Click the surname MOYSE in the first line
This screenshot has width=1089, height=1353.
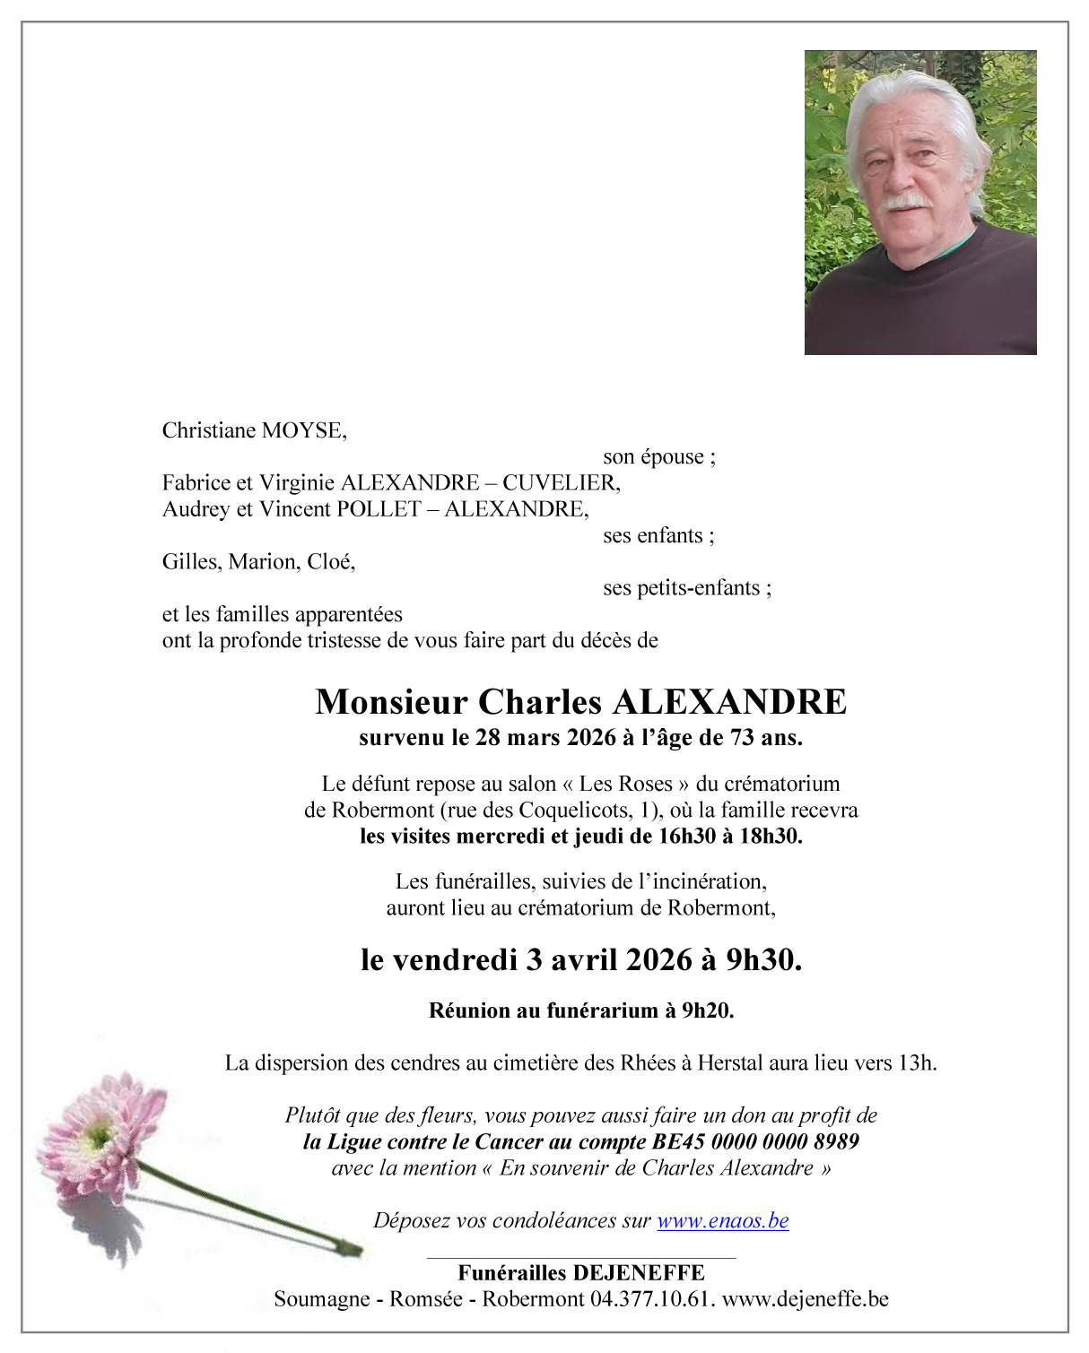302,430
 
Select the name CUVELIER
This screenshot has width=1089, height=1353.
561,483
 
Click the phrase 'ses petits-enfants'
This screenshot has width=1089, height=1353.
687,588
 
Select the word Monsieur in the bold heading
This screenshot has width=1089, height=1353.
391,702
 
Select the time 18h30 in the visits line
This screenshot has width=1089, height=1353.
770,837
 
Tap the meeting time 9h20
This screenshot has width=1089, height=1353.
707,1010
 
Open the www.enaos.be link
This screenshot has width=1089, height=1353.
723,1220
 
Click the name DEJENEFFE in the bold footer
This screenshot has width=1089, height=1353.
638,1273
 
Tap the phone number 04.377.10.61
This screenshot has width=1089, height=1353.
651,1299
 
